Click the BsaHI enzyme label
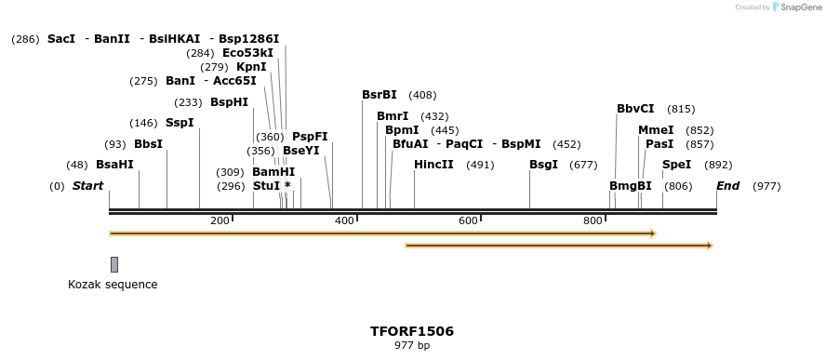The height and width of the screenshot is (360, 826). (114, 165)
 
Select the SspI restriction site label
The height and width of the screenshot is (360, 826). (180, 123)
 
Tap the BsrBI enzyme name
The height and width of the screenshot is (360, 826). (380, 95)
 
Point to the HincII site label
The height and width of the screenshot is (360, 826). (433, 165)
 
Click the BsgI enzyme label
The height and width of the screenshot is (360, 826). (543, 165)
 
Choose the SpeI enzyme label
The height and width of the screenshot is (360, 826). (676, 165)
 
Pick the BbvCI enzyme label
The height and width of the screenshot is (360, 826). (635, 109)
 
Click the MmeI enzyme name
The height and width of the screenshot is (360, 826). (656, 130)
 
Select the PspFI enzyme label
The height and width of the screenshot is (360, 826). (310, 137)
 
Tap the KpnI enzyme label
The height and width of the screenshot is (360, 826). (251, 67)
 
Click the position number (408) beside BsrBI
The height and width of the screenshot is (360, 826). (422, 95)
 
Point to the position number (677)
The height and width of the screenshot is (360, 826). (583, 165)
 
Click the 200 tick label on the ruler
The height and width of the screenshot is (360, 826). (220, 220)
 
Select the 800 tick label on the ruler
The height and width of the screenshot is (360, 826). (593, 220)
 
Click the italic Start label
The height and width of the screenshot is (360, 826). (87, 186)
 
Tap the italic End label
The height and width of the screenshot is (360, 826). (727, 186)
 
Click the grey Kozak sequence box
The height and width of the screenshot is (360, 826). (114, 264)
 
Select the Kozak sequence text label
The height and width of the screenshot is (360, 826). (113, 285)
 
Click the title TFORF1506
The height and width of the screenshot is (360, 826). (412, 331)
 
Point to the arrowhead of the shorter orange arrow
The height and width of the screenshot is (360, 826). (709, 246)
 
